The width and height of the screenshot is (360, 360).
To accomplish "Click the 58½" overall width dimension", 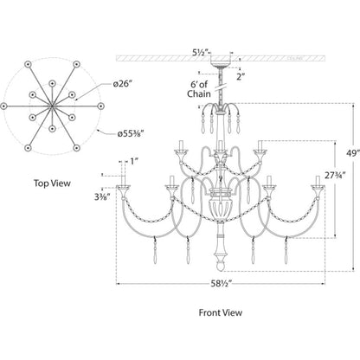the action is tap(221, 284).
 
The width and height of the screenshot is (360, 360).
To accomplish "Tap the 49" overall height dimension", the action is tap(353, 153).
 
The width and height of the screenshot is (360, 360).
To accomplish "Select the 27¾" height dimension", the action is tap(335, 176).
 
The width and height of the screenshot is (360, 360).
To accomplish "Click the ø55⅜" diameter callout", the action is tap(131, 134).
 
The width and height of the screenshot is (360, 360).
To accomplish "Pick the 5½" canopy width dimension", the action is tap(201, 53).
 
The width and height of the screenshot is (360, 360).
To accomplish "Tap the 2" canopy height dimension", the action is tap(241, 77).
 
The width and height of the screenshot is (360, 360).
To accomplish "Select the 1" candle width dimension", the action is tap(132, 161).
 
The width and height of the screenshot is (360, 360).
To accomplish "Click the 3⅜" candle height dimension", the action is tap(102, 197).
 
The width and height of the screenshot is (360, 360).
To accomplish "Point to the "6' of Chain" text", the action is tap(199, 89).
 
